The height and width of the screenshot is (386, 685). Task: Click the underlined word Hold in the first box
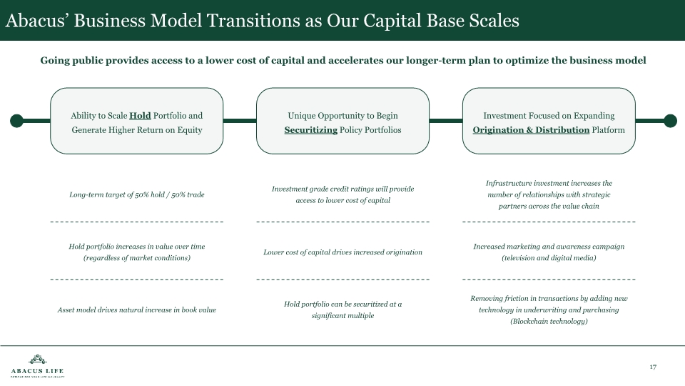[x=140, y=116]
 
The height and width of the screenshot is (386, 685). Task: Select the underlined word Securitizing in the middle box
[x=310, y=130]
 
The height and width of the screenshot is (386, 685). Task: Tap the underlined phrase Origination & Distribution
[x=531, y=130]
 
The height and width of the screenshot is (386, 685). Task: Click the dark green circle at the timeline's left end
[x=16, y=121]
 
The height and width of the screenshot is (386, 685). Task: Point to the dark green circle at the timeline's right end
[x=670, y=121]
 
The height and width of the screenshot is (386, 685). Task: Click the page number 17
[x=653, y=367]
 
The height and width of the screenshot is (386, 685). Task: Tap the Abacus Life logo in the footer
[x=37, y=366]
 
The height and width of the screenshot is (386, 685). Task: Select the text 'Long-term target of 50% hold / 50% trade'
[x=137, y=194]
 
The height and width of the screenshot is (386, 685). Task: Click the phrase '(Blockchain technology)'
[x=549, y=322]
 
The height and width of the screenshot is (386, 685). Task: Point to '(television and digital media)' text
[x=549, y=257]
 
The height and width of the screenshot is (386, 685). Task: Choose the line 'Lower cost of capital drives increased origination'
[x=342, y=252]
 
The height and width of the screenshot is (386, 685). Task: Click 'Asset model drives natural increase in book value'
[x=137, y=310]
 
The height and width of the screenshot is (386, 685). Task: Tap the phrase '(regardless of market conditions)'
[x=137, y=257]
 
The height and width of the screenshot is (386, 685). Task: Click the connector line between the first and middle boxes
[x=240, y=121]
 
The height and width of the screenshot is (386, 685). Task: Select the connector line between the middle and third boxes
[x=446, y=121]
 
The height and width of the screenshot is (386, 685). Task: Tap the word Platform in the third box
[x=609, y=130]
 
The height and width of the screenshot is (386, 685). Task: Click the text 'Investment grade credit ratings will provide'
[x=342, y=189]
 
